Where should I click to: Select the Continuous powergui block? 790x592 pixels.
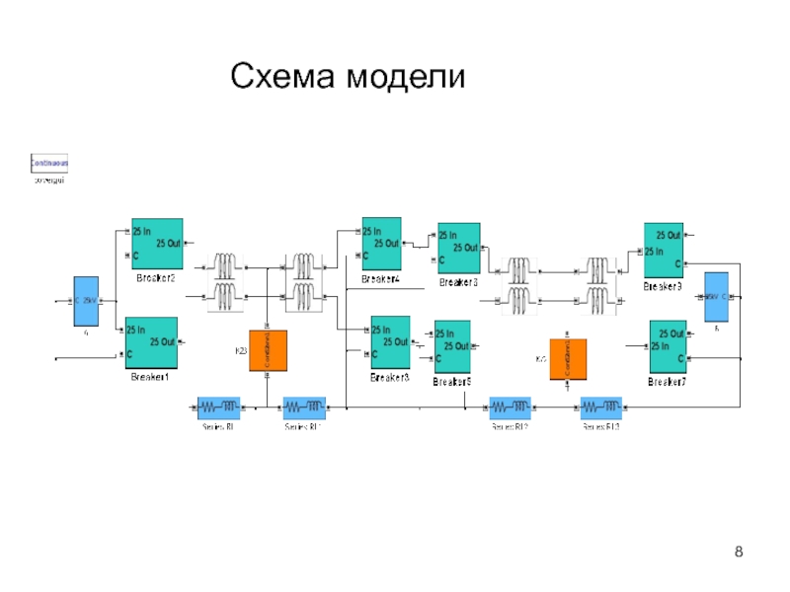(x=48, y=164)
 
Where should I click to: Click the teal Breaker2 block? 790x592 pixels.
(x=157, y=244)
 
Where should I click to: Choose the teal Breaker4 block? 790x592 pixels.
(x=381, y=244)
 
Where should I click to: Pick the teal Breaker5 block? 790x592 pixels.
(x=452, y=346)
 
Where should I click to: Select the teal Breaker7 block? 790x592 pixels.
(x=668, y=346)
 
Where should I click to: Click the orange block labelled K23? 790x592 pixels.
(x=268, y=350)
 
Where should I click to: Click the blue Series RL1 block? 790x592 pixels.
(x=304, y=407)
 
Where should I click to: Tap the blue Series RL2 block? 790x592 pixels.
(x=510, y=407)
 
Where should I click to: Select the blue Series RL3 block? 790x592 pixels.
(x=600, y=407)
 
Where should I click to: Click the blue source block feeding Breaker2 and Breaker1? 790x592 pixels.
(x=87, y=301)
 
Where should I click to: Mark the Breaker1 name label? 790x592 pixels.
(x=150, y=377)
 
